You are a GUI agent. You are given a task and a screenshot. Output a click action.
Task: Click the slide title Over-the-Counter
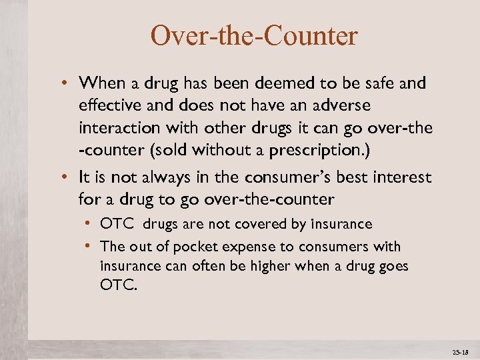[x=254, y=35]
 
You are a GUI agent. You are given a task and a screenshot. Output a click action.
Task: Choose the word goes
[x=392, y=266]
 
